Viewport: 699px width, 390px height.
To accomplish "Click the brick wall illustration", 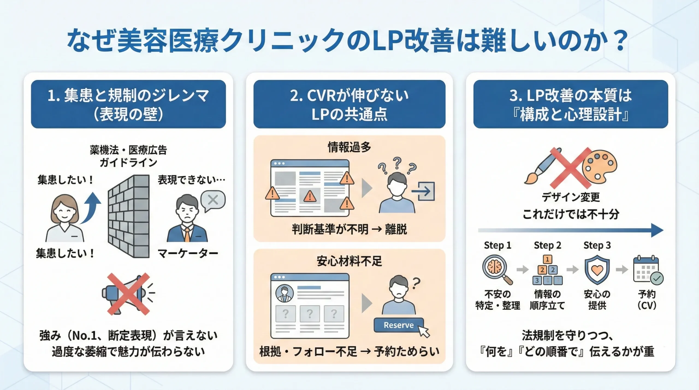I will pyautogui.click(x=129, y=216).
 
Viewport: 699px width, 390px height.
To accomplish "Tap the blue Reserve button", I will pyautogui.click(x=398, y=325).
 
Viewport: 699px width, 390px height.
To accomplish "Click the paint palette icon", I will pyautogui.click(x=599, y=165).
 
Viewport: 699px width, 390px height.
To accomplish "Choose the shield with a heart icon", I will pyautogui.click(x=597, y=270).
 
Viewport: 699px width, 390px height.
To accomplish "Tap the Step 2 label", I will pyautogui.click(x=547, y=245).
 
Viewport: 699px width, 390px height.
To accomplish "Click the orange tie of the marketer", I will pyautogui.click(x=187, y=234).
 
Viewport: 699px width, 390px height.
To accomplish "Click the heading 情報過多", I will pyautogui.click(x=349, y=147).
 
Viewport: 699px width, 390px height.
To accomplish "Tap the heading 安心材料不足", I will pyautogui.click(x=349, y=261).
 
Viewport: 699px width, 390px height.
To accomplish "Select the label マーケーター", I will pyautogui.click(x=188, y=254).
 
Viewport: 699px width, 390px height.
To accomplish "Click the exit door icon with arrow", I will pyautogui.click(x=424, y=191).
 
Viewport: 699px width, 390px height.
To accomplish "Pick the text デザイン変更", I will pyautogui.click(x=571, y=197).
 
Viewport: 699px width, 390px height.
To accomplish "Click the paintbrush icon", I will pyautogui.click(x=542, y=167).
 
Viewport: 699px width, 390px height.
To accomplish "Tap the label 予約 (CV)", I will pyautogui.click(x=647, y=300).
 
